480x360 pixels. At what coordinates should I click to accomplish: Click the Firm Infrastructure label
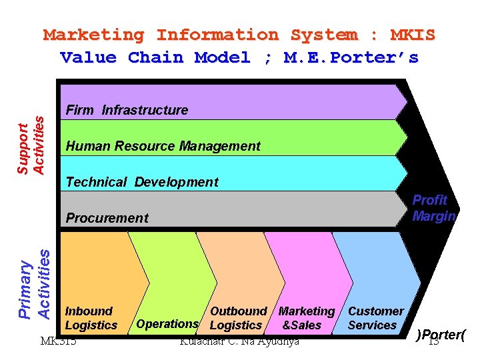point(127,110)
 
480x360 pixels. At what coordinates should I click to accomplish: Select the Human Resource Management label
point(163,146)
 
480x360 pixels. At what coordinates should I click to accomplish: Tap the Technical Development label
point(142,182)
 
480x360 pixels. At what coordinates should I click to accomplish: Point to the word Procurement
point(107,218)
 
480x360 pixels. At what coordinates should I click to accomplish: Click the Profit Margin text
point(433,208)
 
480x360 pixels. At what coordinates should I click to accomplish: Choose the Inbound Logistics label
point(91,318)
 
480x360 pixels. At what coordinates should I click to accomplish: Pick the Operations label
point(167,324)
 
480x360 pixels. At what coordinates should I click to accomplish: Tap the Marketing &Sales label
point(305,318)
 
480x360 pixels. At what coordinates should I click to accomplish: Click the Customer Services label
point(375,318)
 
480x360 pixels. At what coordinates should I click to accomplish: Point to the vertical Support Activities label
point(31,145)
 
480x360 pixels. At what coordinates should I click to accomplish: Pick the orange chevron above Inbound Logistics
point(100,267)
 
